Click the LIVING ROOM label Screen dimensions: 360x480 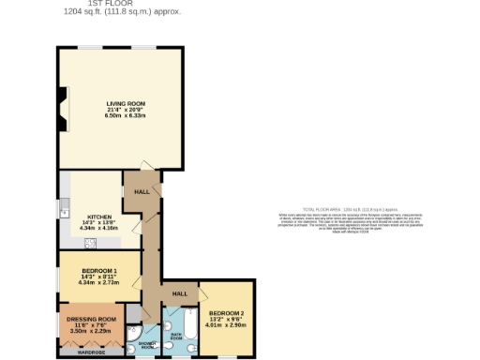[x=126, y=103]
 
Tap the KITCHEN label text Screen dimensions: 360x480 [x=100, y=215]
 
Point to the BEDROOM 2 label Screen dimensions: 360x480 [x=227, y=312]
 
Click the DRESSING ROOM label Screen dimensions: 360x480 [x=91, y=319]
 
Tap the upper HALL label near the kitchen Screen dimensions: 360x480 [x=142, y=191]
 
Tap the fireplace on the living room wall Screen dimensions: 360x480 [x=63, y=109]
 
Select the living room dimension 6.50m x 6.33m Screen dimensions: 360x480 [x=126, y=115]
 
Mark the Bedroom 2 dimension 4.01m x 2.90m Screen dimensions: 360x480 [x=227, y=324]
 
